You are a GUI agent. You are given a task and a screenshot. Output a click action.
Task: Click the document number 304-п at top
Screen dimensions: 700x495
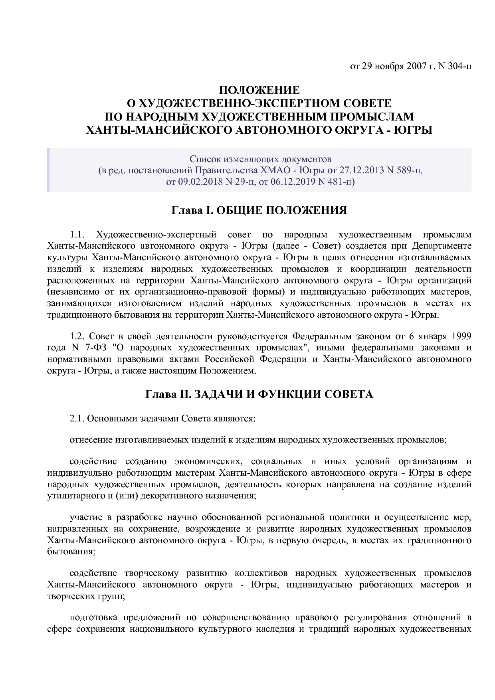click(459, 66)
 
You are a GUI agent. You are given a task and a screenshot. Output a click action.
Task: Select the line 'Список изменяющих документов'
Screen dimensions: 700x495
click(260, 160)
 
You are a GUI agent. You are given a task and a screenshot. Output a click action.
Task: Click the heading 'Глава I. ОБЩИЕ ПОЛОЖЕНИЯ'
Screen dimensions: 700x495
click(259, 210)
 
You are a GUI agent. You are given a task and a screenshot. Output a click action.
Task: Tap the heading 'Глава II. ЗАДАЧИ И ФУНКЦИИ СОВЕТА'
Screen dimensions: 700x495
click(259, 395)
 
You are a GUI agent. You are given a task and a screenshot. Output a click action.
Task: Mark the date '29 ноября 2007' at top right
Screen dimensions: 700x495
click(391, 66)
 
